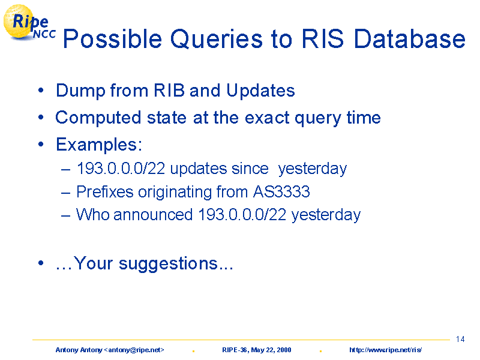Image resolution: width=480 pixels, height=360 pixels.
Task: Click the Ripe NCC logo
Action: click(29, 23)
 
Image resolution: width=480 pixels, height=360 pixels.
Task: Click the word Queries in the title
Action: click(217, 39)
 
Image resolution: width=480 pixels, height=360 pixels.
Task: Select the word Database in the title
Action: click(410, 38)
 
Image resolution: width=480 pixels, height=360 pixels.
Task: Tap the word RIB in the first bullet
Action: click(169, 90)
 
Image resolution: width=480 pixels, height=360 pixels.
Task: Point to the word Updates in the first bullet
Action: click(260, 91)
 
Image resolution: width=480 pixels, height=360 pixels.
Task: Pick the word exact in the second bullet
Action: click(267, 118)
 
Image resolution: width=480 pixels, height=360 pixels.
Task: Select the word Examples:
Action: click(99, 145)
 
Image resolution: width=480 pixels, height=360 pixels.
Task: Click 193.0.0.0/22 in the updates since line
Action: click(121, 169)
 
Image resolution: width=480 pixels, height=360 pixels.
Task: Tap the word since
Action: click(250, 169)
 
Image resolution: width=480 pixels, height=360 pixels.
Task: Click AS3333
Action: click(281, 191)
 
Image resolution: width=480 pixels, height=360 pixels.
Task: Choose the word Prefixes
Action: click(105, 191)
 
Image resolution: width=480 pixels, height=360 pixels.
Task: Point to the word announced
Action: click(153, 214)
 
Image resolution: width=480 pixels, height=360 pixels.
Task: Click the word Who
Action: click(93, 214)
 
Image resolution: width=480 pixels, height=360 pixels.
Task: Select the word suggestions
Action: click(168, 263)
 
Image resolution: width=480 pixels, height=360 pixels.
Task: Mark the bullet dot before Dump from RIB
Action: click(41, 91)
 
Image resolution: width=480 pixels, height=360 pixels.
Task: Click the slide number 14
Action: click(460, 339)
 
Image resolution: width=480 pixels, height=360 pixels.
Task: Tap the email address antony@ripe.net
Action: click(134, 350)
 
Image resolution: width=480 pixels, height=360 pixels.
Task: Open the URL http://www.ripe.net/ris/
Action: click(386, 350)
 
